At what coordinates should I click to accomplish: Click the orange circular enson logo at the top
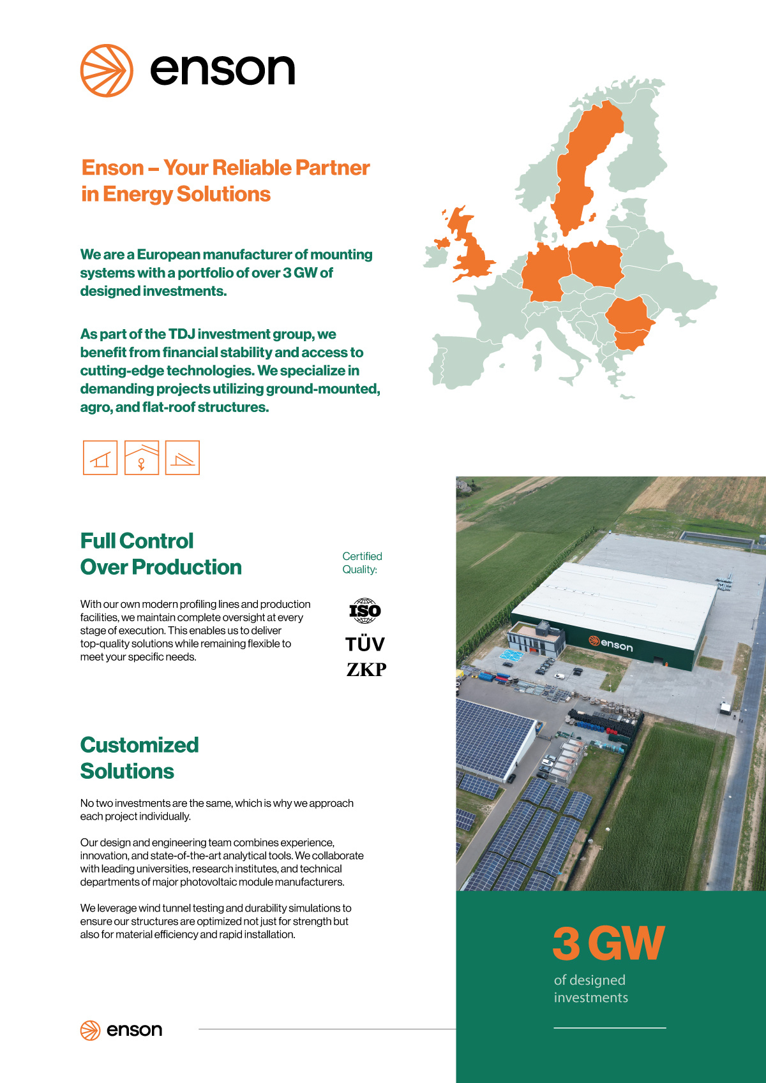click(107, 71)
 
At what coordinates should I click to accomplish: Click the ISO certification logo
click(364, 611)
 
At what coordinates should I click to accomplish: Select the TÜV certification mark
click(365, 644)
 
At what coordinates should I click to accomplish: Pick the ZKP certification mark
click(366, 669)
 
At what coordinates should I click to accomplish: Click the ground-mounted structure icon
click(100, 457)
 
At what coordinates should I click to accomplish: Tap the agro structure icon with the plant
click(142, 457)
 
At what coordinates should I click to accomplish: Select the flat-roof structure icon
click(183, 457)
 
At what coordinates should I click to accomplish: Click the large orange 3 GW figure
click(608, 943)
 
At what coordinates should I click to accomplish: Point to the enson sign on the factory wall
click(611, 644)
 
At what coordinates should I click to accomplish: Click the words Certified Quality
click(362, 563)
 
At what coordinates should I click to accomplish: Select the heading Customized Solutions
click(139, 758)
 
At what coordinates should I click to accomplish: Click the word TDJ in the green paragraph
click(182, 334)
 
